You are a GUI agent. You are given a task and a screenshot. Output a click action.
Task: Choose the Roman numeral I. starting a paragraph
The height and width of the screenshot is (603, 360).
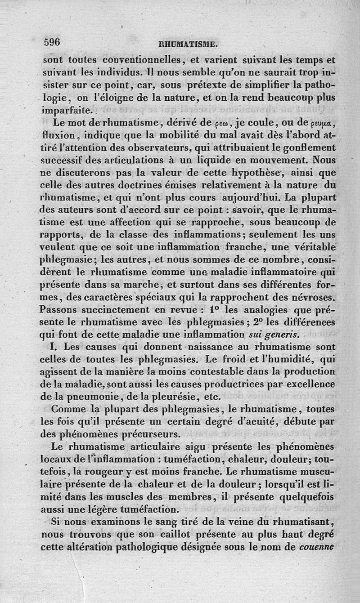(56, 347)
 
